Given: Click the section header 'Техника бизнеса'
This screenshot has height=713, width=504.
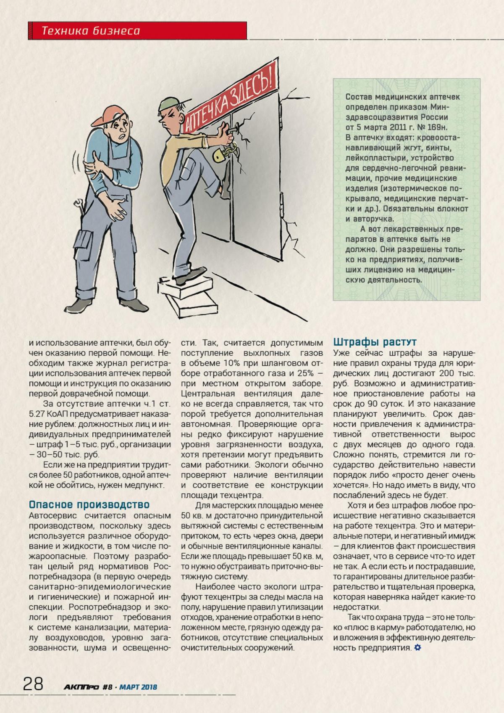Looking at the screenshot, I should (91, 30).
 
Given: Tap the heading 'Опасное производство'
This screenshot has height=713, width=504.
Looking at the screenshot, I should (89, 504).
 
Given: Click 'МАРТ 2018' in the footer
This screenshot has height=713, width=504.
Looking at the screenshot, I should (138, 687).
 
